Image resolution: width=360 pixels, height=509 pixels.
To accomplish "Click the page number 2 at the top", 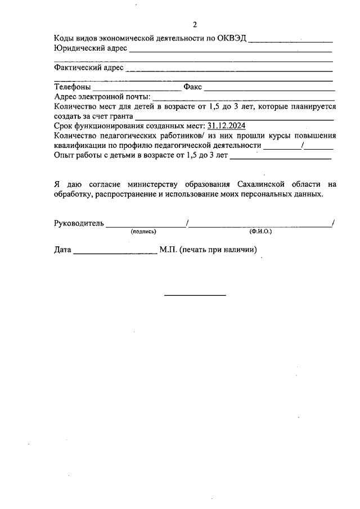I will (195, 25).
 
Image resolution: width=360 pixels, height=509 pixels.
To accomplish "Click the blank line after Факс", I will (269, 90).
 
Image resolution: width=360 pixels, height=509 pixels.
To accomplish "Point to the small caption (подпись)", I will (143, 231).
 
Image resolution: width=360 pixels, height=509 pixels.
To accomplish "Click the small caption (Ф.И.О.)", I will (260, 231).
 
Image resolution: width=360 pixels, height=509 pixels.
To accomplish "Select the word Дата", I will (62, 249).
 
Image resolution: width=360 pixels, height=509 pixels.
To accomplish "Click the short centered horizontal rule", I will (195, 295).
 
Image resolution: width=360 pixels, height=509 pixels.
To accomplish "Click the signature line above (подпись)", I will (146, 226).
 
